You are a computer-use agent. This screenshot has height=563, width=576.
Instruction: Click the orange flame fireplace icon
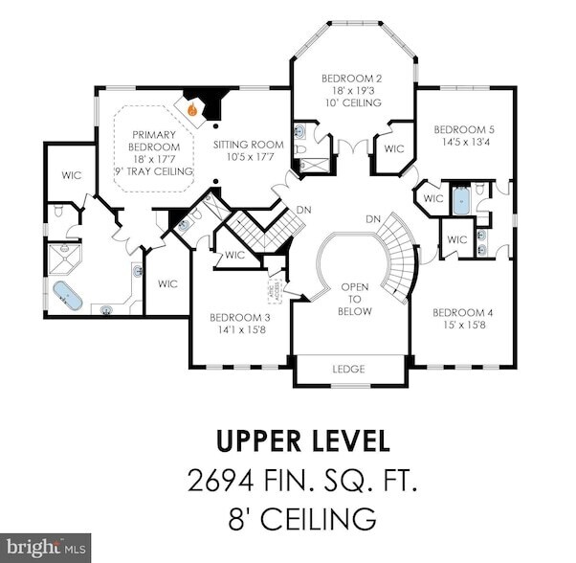193,110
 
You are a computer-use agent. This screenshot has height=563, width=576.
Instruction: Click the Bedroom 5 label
464,128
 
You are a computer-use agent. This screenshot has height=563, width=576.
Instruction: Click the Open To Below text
355,298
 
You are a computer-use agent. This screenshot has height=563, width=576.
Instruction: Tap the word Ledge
350,369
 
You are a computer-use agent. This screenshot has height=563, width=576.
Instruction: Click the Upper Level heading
302,440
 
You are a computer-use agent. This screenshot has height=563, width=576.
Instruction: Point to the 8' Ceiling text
302,518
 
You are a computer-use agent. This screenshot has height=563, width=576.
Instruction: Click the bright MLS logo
46,547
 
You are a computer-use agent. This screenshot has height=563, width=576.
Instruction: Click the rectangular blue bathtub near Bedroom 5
460,200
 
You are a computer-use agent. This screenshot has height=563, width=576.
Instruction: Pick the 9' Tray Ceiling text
154,171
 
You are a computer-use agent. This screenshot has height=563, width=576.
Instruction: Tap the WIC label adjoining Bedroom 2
393,149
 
